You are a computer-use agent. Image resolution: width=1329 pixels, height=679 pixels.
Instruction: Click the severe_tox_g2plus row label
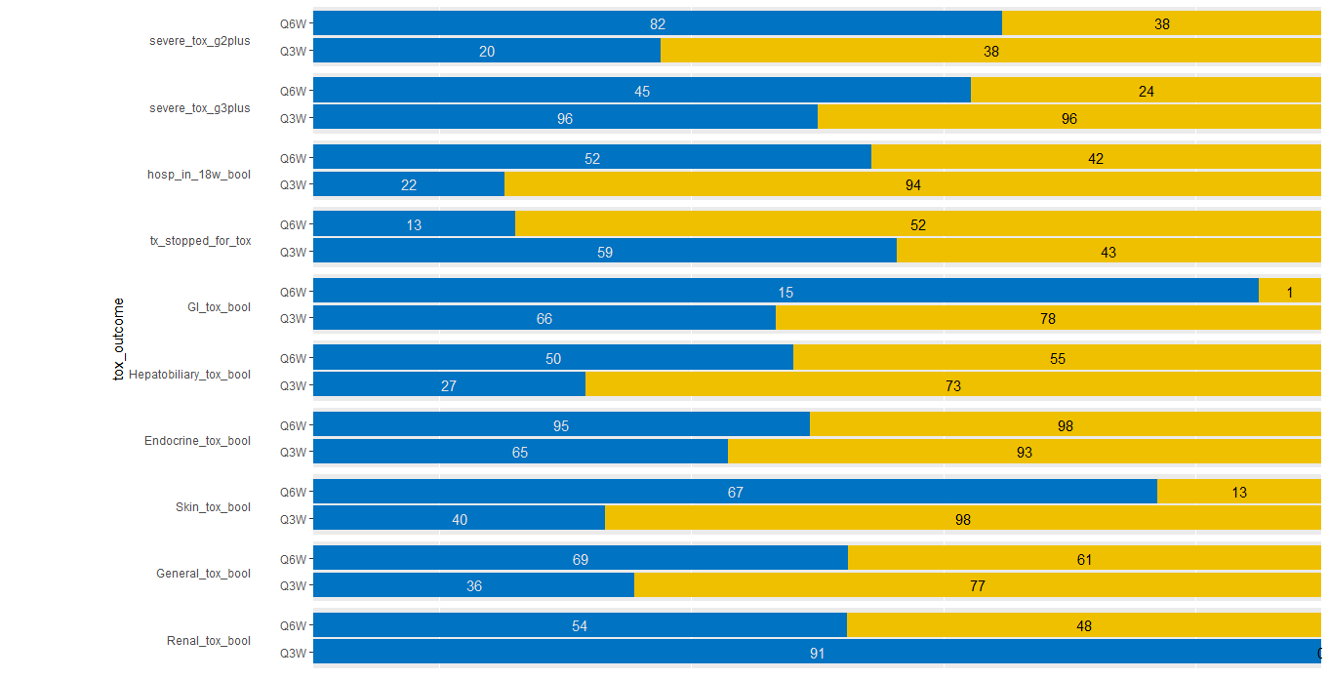pos(199,41)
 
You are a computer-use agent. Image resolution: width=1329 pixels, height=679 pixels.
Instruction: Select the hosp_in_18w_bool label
pos(198,175)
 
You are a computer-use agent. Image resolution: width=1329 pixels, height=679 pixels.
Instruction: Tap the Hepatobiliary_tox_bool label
pos(189,375)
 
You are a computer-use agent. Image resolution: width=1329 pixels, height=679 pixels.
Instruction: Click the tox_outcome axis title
pos(119,339)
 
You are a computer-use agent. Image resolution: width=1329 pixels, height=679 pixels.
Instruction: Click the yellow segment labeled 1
pos(1289,292)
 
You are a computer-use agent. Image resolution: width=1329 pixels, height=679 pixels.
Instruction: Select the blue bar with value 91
pos(817,653)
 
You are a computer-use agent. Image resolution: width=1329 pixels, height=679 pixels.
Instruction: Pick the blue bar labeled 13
pos(414,224)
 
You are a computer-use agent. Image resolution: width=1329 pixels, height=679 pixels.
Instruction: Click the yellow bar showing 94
pos(912,184)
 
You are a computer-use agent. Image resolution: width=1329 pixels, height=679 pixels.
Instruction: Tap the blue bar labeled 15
pos(785,292)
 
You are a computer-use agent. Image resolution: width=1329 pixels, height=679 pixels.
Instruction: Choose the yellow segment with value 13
pos(1238,492)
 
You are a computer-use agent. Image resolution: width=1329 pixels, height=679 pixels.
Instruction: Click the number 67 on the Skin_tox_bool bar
pos(736,493)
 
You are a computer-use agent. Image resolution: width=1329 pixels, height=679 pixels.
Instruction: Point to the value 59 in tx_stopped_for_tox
pos(605,253)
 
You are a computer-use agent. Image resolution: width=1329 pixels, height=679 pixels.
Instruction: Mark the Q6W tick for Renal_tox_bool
pos(293,625)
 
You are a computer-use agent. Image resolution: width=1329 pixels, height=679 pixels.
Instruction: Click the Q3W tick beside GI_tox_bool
pos(293,318)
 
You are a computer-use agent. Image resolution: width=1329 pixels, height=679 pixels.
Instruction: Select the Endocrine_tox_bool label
pos(197,441)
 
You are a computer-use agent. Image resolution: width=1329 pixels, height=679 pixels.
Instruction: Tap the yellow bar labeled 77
pos(977,585)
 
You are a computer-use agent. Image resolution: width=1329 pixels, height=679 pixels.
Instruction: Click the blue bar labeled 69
pos(580,559)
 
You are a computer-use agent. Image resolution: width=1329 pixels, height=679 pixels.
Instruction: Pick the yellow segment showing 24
pos(1146,91)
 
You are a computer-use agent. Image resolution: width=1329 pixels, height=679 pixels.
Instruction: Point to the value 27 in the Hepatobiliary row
pos(449,386)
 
